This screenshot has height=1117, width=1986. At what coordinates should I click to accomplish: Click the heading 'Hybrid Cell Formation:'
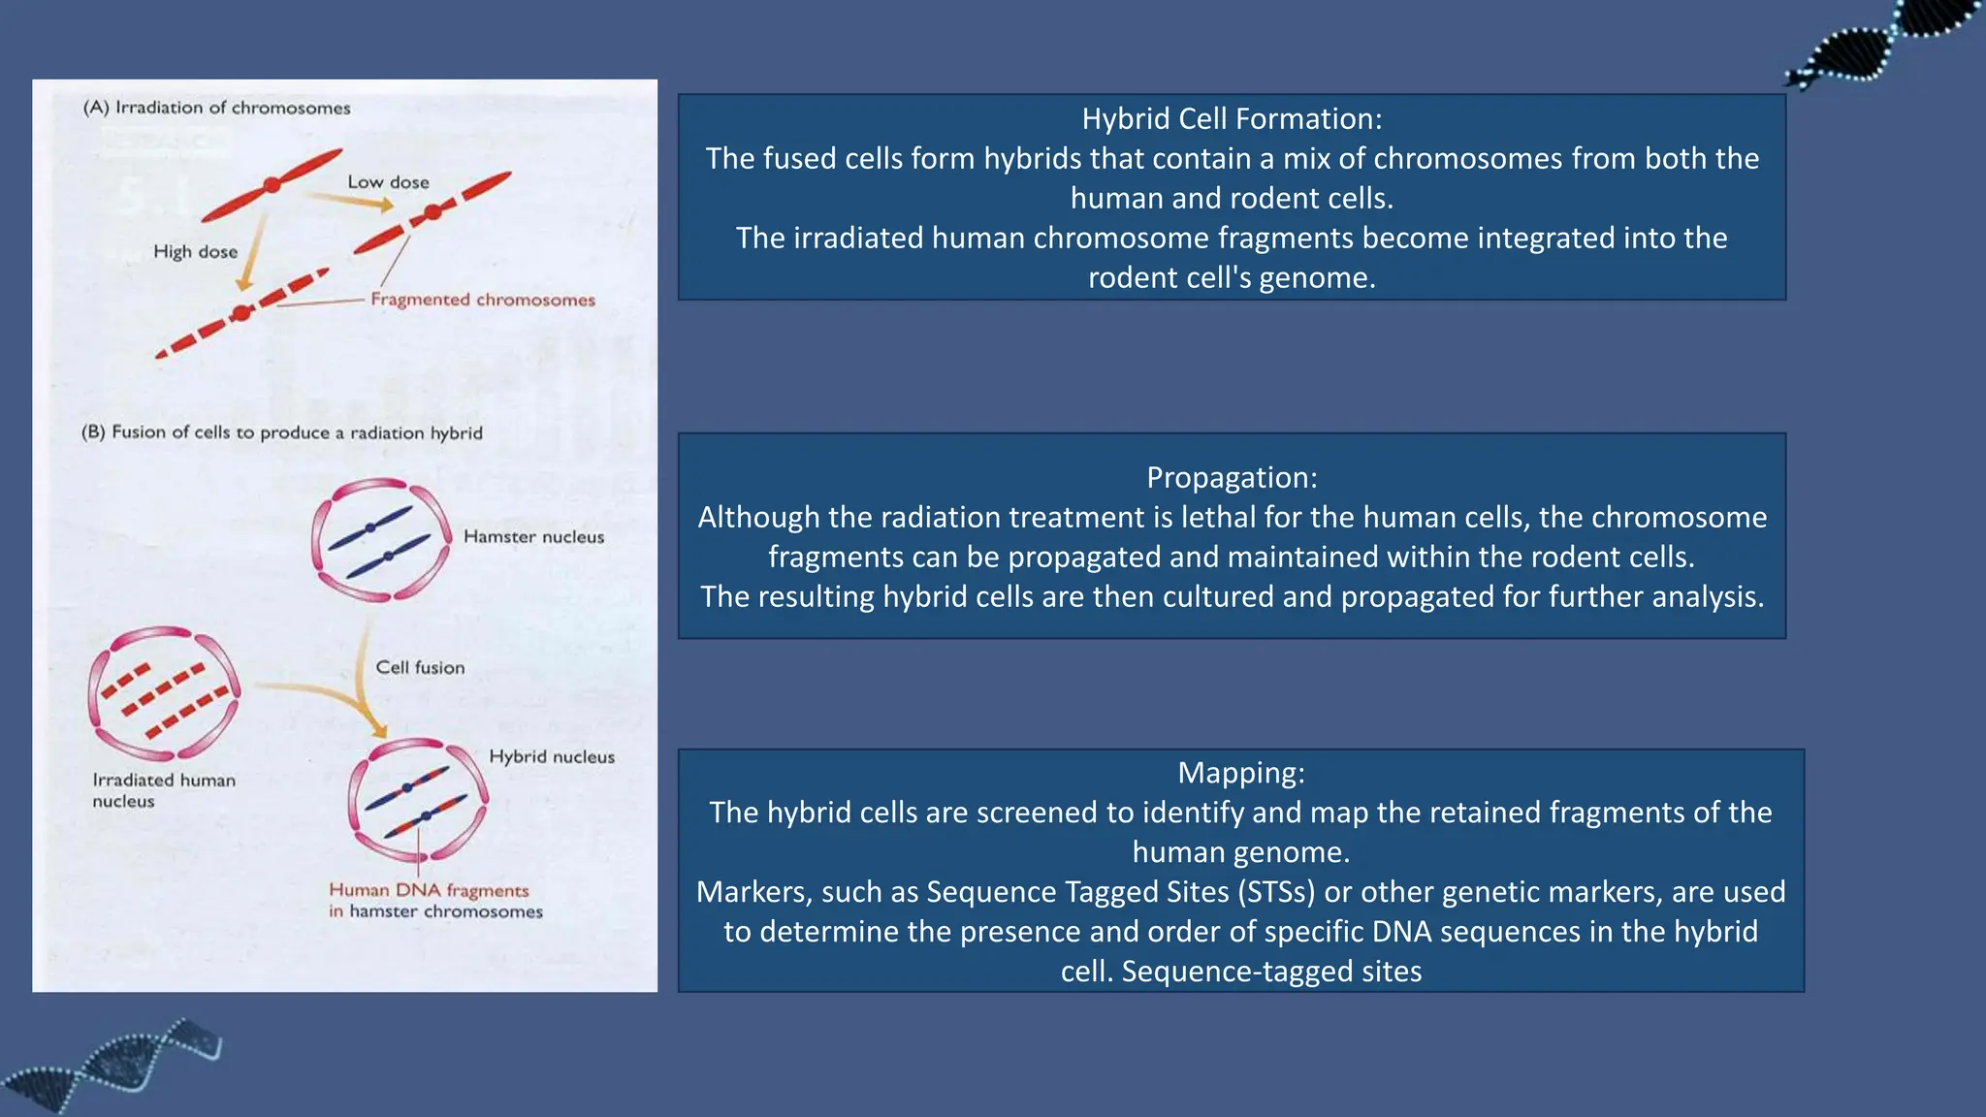click(x=1232, y=119)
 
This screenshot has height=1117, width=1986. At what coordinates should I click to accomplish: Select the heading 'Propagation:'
click(x=1232, y=478)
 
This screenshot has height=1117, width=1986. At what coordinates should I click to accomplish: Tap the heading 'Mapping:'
click(x=1240, y=773)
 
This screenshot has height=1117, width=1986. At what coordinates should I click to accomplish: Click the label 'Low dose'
click(x=388, y=182)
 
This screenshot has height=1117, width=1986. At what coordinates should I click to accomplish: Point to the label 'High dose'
click(x=195, y=252)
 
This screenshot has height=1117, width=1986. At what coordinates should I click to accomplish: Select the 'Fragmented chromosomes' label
click(x=482, y=300)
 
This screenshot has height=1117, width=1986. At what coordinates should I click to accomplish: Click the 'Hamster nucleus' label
click(x=533, y=537)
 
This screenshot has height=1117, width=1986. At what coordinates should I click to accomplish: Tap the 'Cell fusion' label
click(x=420, y=667)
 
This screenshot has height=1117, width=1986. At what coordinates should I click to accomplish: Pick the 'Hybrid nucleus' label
click(x=551, y=756)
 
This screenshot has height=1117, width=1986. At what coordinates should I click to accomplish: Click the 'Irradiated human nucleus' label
click(x=163, y=790)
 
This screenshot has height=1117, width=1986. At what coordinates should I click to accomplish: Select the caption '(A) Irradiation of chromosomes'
click(x=216, y=108)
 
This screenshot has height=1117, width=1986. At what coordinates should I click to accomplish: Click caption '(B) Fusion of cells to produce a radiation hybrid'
click(x=281, y=432)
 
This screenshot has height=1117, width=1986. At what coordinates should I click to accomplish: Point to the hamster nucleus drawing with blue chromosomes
click(x=381, y=539)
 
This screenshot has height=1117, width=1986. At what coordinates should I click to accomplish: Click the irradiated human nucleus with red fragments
click(x=163, y=692)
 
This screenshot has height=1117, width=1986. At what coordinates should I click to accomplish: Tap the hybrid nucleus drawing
click(x=418, y=801)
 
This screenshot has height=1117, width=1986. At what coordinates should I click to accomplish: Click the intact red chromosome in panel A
click(x=272, y=184)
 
